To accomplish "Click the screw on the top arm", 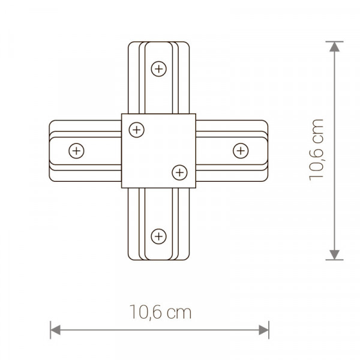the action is (158, 69).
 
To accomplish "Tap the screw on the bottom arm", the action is (158, 236).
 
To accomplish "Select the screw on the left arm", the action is (76, 151).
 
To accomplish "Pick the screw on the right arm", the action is (241, 151).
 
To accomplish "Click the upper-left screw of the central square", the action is (137, 130).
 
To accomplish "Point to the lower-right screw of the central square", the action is (179, 172).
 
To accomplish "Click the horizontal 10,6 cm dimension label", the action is (160, 312).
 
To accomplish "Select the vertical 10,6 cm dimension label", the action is (316, 150).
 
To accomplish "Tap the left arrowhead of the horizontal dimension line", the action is (55, 330).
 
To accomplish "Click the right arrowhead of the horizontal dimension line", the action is (263, 330).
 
